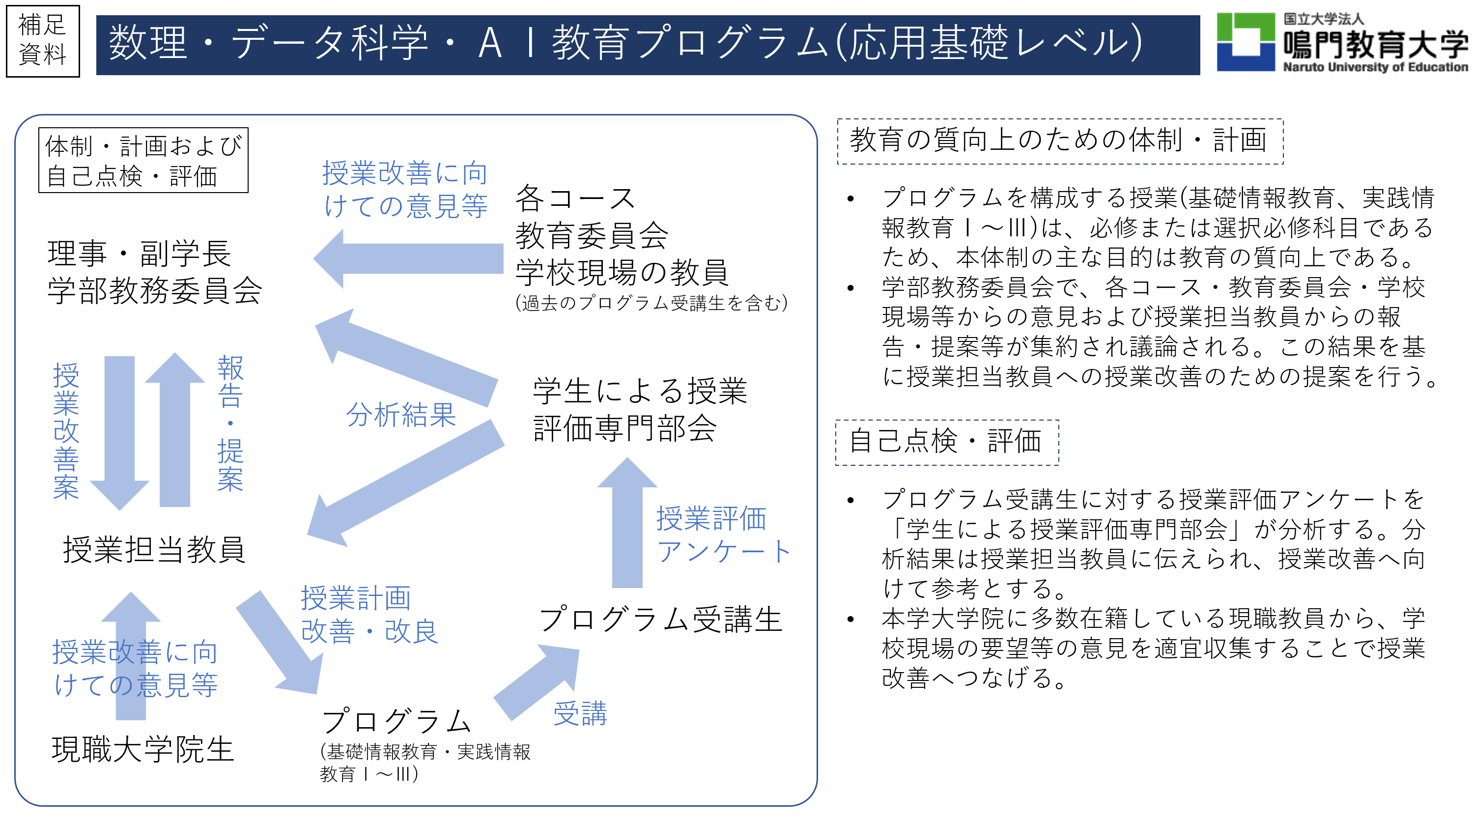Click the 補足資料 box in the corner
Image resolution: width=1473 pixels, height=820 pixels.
coord(42,41)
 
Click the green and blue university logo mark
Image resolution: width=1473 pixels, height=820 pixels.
coord(1245,42)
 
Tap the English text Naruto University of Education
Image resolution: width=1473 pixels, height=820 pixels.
coord(1375,67)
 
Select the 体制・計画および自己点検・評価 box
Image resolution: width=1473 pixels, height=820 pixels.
coord(143,160)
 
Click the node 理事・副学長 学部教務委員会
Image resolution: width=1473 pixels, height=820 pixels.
coord(154,272)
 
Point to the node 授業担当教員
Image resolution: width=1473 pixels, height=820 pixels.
coord(154,549)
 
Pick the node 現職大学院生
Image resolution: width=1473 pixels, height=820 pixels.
coord(143,749)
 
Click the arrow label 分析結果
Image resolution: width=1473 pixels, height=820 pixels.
coord(400,415)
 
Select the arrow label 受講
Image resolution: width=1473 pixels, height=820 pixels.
coord(580,714)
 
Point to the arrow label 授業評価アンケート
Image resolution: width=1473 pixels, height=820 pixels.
coord(723,535)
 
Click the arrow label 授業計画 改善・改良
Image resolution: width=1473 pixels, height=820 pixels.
coord(369,615)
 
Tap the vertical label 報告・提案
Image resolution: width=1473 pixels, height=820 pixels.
coord(230,423)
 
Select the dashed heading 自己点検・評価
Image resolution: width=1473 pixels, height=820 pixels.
coord(946,442)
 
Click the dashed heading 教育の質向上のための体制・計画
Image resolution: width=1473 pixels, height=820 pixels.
coord(1060,141)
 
